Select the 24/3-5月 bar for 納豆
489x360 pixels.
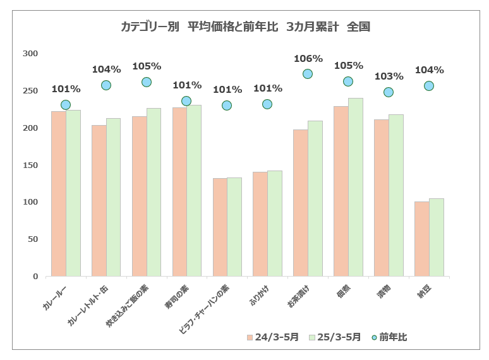click(x=421, y=239)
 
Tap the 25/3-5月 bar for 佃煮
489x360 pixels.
click(x=356, y=187)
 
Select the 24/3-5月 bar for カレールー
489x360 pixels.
click(x=58, y=193)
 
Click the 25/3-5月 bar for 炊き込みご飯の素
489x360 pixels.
click(x=154, y=192)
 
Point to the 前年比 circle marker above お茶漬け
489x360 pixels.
click(x=308, y=74)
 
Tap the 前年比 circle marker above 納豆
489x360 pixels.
click(x=429, y=86)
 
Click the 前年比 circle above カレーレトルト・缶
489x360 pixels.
click(x=106, y=85)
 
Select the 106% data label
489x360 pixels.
click(x=308, y=59)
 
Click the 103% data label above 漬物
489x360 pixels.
click(x=389, y=76)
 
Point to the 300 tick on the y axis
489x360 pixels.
click(x=30, y=54)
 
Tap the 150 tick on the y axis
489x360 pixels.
click(x=30, y=165)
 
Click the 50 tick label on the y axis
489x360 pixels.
click(x=33, y=239)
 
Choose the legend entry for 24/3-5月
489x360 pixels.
click(x=273, y=337)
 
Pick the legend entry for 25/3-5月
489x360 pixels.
click(x=335, y=337)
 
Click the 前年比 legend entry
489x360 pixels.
click(x=389, y=337)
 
